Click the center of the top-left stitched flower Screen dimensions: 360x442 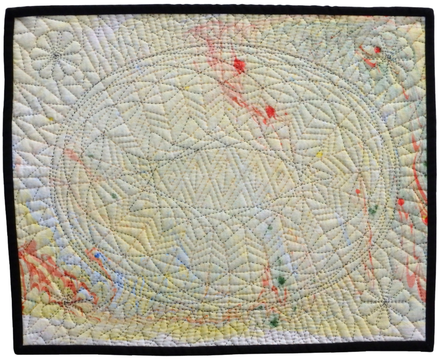point(55,53)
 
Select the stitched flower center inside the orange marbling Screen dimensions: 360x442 point(67,301)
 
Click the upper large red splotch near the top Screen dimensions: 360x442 point(239,65)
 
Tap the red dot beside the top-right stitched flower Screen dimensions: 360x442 point(378,50)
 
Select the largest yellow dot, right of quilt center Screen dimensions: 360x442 point(319,154)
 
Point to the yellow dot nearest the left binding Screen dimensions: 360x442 point(51,119)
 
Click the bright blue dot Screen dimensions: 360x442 point(97,255)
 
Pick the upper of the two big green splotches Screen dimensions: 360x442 point(281,280)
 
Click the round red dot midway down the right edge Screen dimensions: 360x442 point(401,202)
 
